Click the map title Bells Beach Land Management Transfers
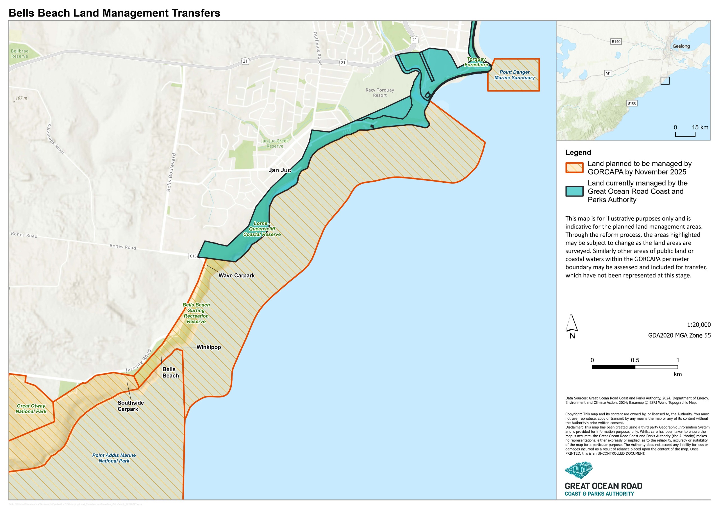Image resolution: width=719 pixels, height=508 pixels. [114, 13]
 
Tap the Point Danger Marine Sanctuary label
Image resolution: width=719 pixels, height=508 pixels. [515, 75]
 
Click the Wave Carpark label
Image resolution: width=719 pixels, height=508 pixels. [236, 275]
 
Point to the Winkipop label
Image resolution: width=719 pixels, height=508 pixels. [209, 347]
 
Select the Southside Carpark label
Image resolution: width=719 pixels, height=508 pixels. [130, 406]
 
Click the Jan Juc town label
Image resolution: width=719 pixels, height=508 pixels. [280, 170]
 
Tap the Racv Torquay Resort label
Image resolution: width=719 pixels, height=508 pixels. [379, 93]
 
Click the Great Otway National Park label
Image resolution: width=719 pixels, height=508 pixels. [31, 408]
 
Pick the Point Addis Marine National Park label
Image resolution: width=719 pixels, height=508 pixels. [114, 458]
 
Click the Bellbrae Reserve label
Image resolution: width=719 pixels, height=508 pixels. [19, 54]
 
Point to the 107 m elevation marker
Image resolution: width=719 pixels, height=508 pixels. [21, 98]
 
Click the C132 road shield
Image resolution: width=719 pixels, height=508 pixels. [194, 256]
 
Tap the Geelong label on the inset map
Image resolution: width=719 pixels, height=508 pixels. [681, 46]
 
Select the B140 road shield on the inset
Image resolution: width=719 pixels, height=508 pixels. [616, 42]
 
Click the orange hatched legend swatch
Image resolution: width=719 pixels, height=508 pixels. [574, 168]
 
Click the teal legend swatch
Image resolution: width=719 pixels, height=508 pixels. [574, 191]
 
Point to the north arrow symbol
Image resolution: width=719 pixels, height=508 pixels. [572, 324]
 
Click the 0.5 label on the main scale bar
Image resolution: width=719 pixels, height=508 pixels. [635, 360]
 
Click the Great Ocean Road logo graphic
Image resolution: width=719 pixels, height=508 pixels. [579, 470]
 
